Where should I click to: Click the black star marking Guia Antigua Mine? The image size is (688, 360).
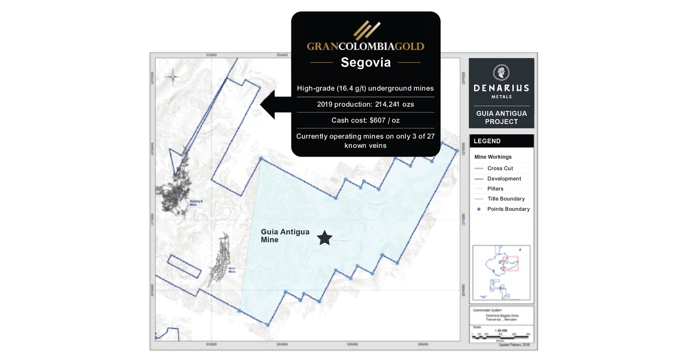[x=325, y=238]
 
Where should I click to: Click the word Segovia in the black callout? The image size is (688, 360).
[x=365, y=62]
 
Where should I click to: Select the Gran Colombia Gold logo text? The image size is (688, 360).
[x=365, y=46]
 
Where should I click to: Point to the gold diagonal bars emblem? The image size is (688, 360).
[x=365, y=30]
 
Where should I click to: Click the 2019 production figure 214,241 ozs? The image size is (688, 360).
[x=365, y=104]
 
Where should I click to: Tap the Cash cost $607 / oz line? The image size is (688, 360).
[x=365, y=120]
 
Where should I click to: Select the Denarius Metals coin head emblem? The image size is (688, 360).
[x=501, y=72]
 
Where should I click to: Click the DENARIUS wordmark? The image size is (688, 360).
[x=501, y=88]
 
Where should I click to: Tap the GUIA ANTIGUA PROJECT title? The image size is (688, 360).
[x=501, y=117]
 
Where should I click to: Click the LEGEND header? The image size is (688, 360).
[x=487, y=141]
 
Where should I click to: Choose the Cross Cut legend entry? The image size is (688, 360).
[x=500, y=168]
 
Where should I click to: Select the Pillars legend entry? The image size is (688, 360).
[x=495, y=189]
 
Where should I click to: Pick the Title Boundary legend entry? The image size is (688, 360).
[x=506, y=199]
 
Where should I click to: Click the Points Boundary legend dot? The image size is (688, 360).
[x=479, y=209]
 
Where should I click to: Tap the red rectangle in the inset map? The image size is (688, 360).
[x=510, y=263]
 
